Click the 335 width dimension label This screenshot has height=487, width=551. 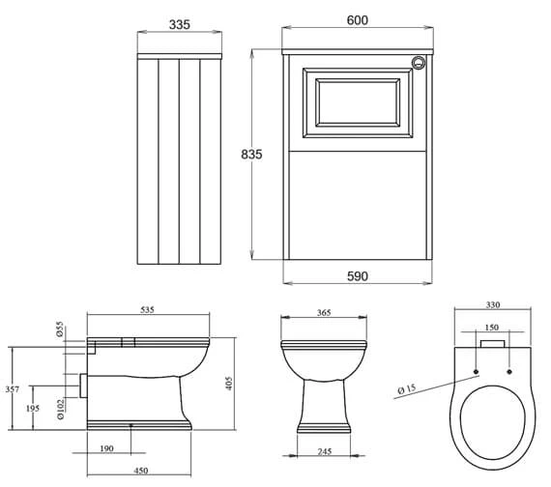pyautogui.click(x=180, y=24)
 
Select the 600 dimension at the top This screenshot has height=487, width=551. pyautogui.click(x=358, y=20)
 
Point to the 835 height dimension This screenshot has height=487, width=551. pyautogui.click(x=251, y=155)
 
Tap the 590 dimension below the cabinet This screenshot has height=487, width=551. pyautogui.click(x=358, y=276)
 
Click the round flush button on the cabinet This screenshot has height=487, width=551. pyautogui.click(x=419, y=63)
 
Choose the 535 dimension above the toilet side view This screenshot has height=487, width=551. pyautogui.click(x=147, y=310)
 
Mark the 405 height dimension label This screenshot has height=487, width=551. pyautogui.click(x=229, y=384)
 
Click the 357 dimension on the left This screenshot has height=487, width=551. pyautogui.click(x=12, y=389)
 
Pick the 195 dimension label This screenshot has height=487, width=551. pyautogui.click(x=33, y=409)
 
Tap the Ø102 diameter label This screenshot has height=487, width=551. pyautogui.click(x=61, y=409)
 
